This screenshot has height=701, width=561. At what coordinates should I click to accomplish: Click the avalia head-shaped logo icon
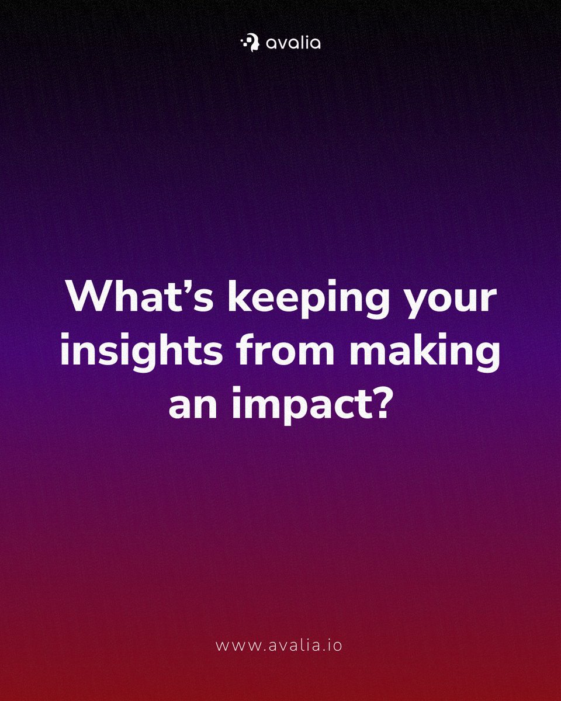tap(250, 43)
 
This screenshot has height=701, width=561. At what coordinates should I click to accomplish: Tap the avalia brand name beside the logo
tap(292, 43)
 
